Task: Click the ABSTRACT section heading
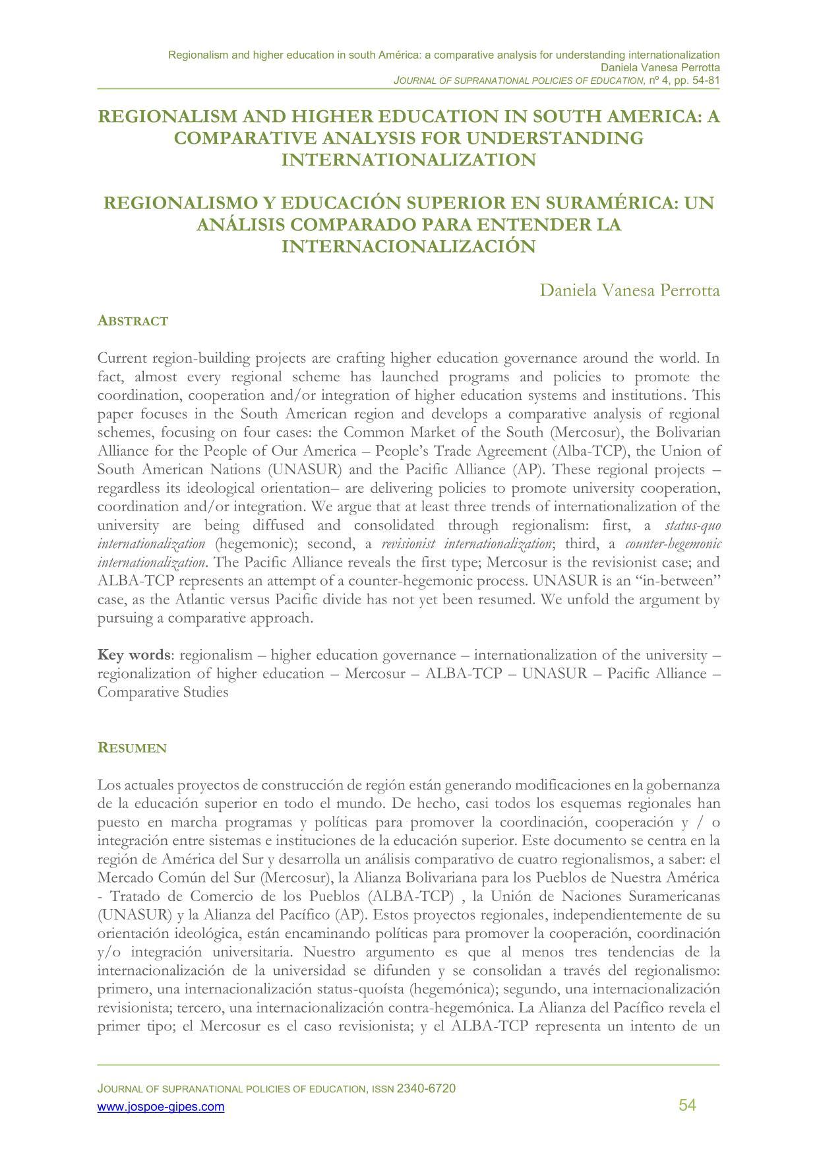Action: [x=133, y=321]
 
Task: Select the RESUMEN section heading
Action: [x=132, y=748]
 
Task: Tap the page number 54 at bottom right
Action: [x=687, y=1106]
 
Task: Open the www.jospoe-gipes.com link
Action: [x=161, y=1107]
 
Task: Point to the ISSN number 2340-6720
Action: [x=426, y=1088]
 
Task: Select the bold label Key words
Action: [x=134, y=655]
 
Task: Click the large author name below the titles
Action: [x=629, y=290]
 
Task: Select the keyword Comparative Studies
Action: [x=163, y=693]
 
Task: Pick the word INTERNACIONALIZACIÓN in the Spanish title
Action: [x=408, y=246]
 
